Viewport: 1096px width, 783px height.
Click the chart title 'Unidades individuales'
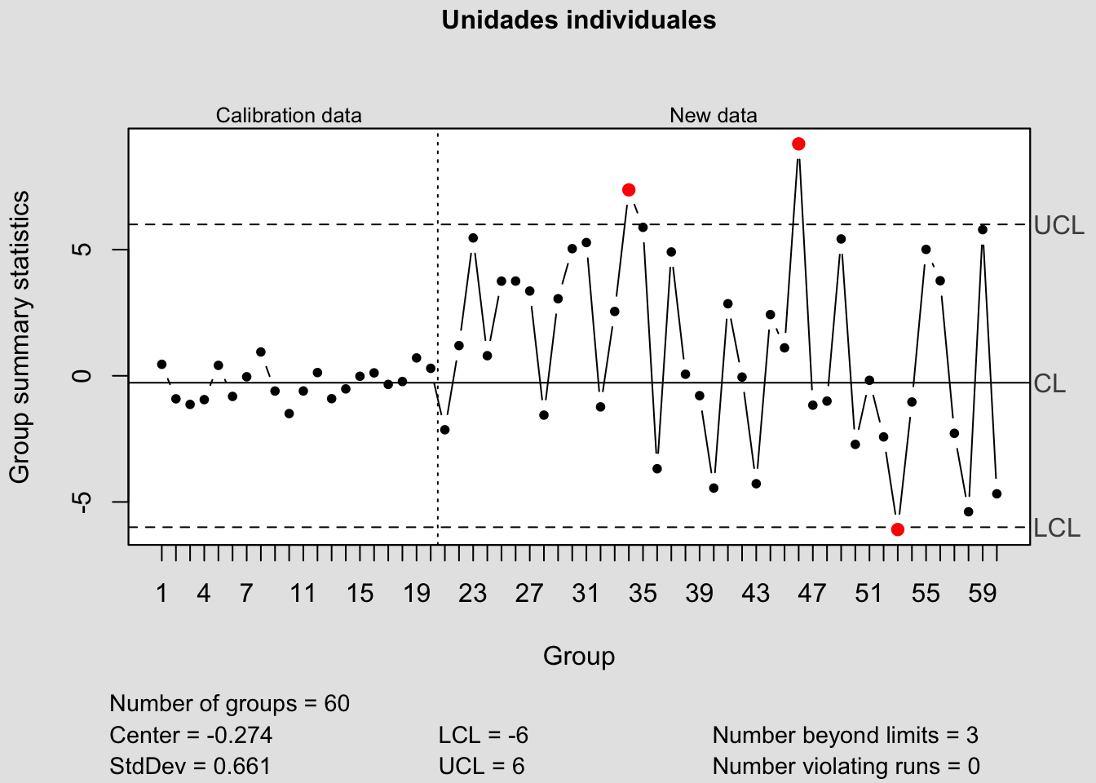tap(578, 20)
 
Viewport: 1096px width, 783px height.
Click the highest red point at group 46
tap(798, 144)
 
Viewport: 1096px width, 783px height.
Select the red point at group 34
tap(629, 190)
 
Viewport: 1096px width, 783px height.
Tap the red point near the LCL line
tap(898, 529)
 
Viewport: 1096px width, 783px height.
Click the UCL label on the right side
tap(1058, 226)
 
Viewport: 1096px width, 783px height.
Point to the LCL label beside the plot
tap(1056, 529)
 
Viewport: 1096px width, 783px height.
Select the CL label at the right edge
tap(1050, 383)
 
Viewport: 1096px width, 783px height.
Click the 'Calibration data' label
tap(289, 116)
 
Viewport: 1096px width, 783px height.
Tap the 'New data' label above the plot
tap(713, 116)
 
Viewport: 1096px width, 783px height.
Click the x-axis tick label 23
tap(472, 593)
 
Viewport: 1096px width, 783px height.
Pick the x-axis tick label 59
tap(983, 593)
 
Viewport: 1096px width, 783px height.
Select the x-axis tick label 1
tap(161, 593)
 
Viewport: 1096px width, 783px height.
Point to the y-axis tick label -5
tap(82, 502)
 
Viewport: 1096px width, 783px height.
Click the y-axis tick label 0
tap(82, 376)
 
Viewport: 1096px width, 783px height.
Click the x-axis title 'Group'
tap(579, 656)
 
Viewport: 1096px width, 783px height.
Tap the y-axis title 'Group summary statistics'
tap(20, 337)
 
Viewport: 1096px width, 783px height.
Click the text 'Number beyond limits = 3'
tap(845, 736)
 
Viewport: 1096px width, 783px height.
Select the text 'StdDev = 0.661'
tap(190, 767)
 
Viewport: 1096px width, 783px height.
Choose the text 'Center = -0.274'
tap(191, 736)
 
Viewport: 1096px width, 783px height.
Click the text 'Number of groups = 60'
tap(229, 704)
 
